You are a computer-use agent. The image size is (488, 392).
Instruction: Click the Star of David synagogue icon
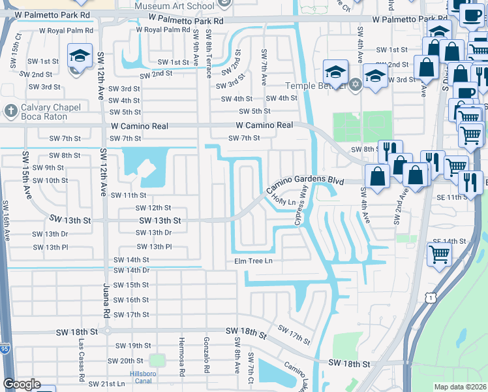click(355, 85)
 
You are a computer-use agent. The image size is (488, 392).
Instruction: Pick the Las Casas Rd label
click(82, 360)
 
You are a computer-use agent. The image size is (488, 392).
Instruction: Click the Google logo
click(22, 384)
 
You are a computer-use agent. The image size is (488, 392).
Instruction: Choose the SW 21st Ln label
click(106, 384)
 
